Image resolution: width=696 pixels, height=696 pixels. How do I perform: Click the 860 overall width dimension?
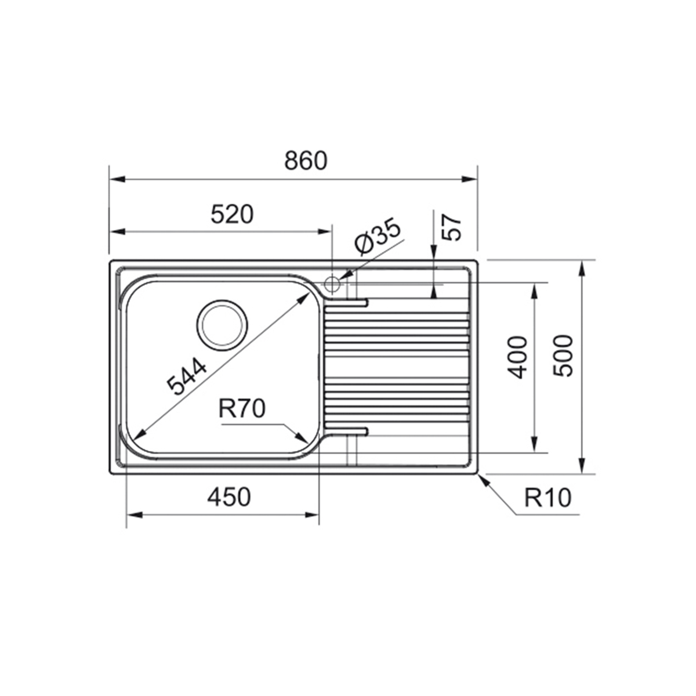click(x=306, y=161)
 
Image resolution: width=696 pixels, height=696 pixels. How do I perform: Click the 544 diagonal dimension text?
click(x=187, y=376)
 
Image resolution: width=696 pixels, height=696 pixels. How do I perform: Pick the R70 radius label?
click(x=242, y=408)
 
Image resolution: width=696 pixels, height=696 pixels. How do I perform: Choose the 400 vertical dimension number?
click(x=517, y=358)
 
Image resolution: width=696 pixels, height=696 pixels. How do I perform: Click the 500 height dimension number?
click(x=563, y=356)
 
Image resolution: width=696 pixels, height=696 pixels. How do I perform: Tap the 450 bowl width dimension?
click(x=229, y=496)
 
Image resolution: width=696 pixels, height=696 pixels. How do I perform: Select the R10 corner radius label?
click(x=548, y=498)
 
